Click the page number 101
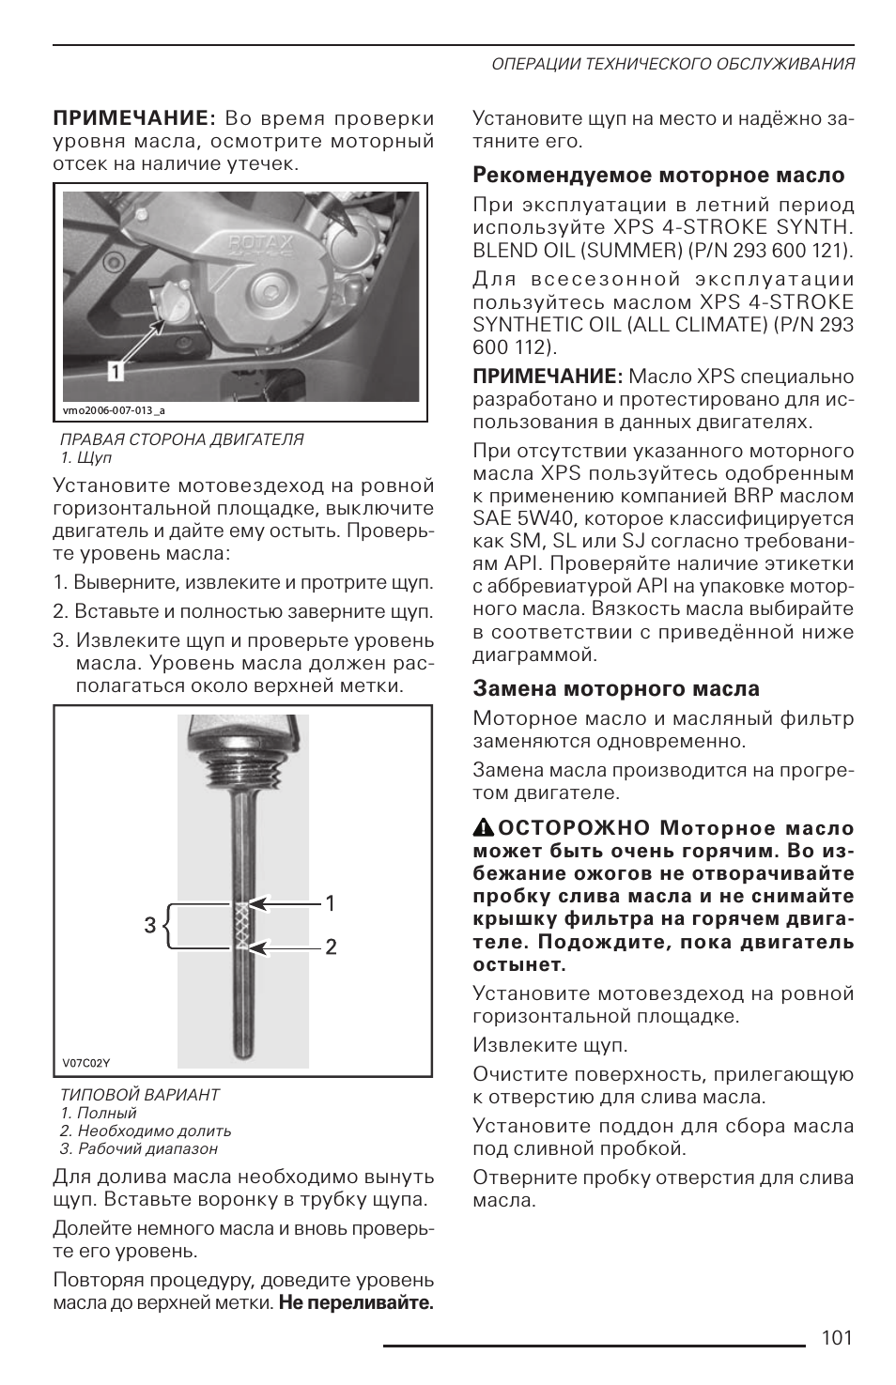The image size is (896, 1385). pos(836,1337)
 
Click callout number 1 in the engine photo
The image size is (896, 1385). pos(115,372)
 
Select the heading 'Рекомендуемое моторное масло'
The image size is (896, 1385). pos(658,176)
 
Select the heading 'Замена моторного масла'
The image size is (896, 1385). pos(616,689)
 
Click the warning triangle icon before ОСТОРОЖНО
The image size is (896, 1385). pos(483,827)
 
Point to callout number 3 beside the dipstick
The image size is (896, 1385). pos(150,926)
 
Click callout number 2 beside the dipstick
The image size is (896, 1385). pos(331,947)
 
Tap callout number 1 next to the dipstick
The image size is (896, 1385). pos(331,903)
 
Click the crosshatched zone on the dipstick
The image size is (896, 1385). pos(242,925)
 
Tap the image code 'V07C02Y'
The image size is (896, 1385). pos(86,1063)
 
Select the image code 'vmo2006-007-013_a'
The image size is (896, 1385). pos(114,410)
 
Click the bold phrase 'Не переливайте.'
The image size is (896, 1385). pos(356,1303)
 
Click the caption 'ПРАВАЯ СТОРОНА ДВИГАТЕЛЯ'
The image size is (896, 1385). pos(181,439)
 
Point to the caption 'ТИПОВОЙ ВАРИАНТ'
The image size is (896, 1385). pos(139,1095)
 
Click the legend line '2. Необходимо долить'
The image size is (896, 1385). pos(146,1131)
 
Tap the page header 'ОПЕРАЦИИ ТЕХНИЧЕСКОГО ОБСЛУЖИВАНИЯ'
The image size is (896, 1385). pos(672,64)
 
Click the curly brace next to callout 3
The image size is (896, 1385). pos(169,926)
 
